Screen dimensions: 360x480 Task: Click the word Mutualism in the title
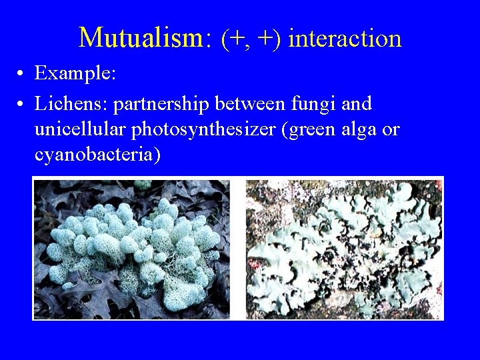[140, 38]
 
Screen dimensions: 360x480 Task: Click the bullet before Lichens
[22, 105]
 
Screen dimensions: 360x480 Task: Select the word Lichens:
[72, 104]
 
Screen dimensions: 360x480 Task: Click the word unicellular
[81, 129]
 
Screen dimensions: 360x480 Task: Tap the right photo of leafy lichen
[344, 247]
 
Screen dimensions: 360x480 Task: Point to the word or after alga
[391, 129]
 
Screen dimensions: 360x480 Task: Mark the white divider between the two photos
[238, 247]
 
